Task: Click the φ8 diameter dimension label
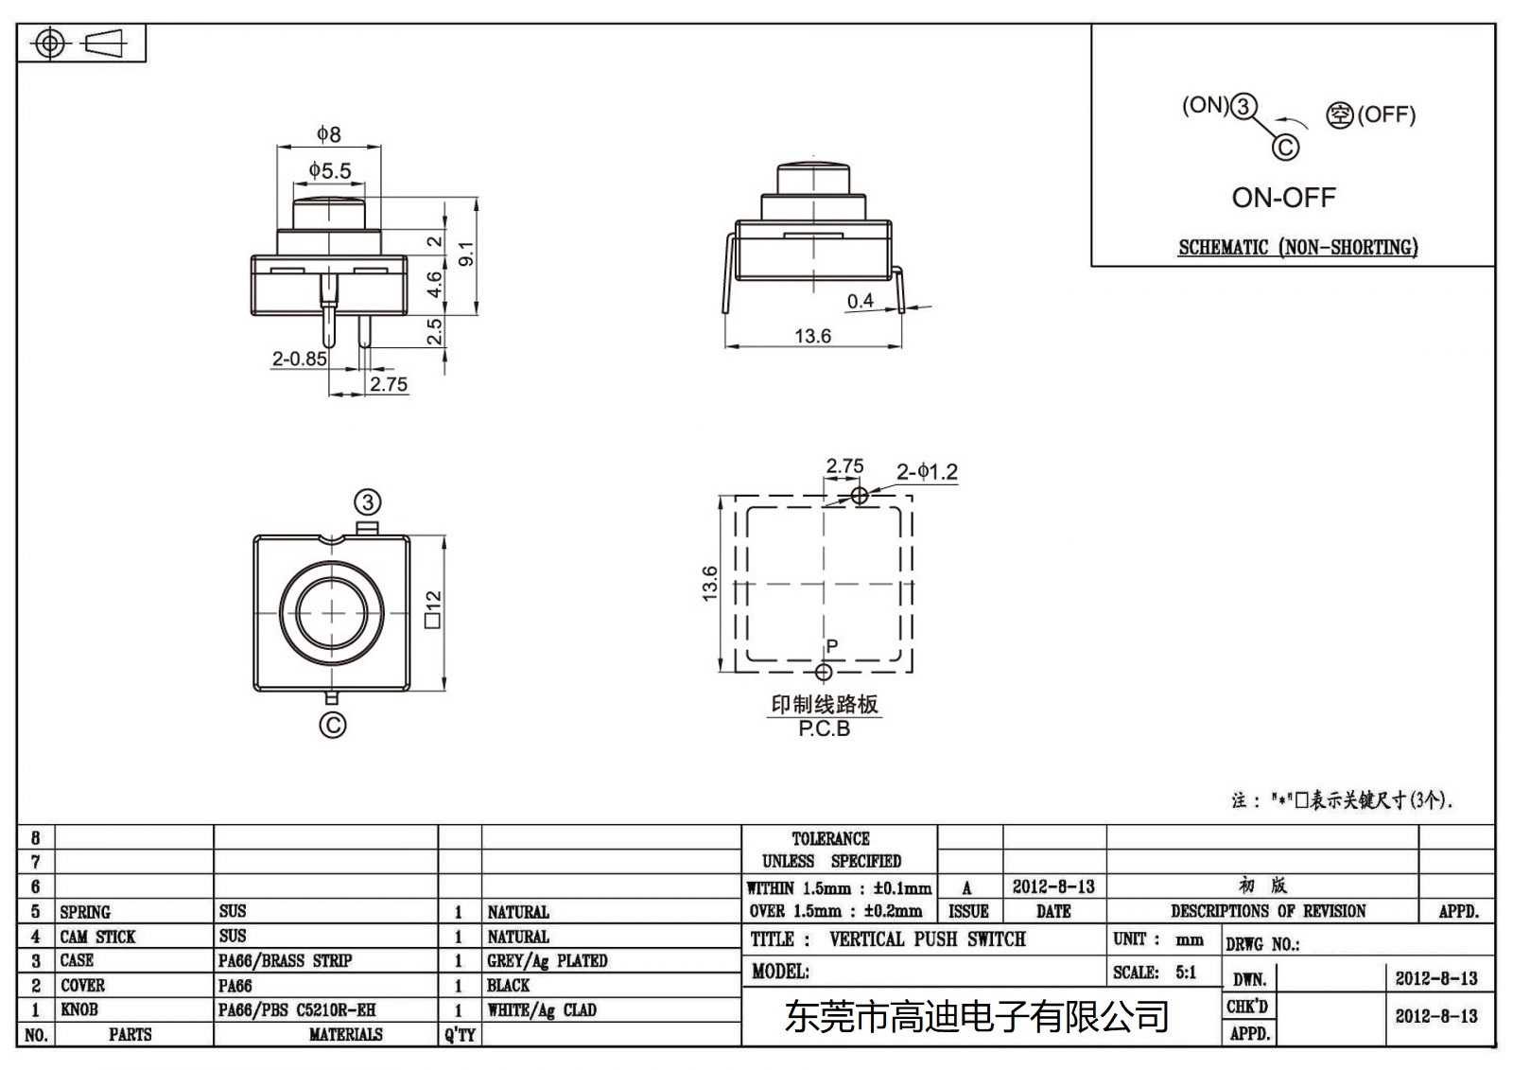tap(328, 134)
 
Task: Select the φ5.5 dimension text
tap(329, 171)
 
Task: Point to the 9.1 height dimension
tap(466, 253)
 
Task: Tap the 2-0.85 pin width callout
tap(299, 359)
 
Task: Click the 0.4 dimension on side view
tap(860, 301)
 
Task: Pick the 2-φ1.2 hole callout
tap(927, 471)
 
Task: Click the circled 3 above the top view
tap(368, 502)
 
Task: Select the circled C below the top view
tap(333, 726)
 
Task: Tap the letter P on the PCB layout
tap(832, 646)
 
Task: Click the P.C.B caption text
tap(824, 728)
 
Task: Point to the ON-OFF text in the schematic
tap(1283, 198)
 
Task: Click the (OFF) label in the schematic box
tap(1386, 114)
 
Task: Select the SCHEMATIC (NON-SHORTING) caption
tap(1297, 248)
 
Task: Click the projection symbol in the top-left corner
tap(82, 44)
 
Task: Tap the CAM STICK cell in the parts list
tap(97, 937)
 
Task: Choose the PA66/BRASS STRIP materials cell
tap(285, 960)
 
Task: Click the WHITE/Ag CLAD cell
tap(541, 1009)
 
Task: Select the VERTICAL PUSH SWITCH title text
tap(927, 939)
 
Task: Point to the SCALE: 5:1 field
tap(1155, 973)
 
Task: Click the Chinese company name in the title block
tap(977, 1017)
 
